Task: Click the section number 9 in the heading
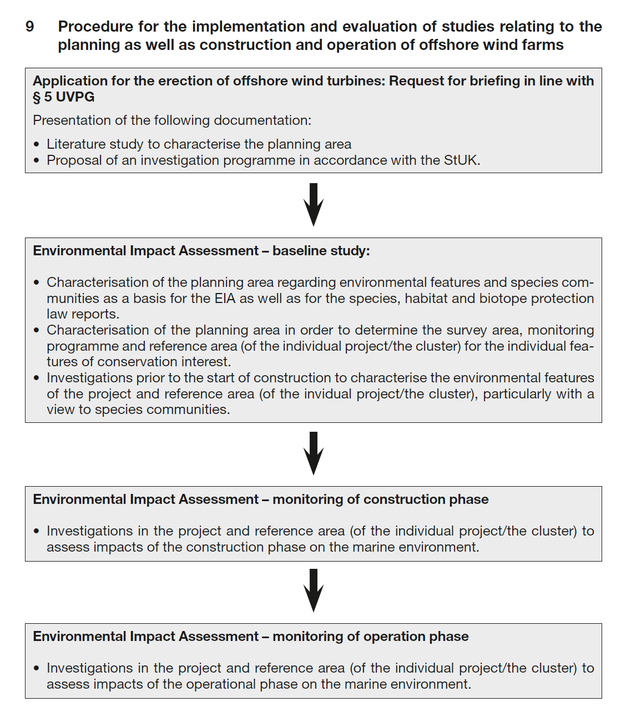[30, 27]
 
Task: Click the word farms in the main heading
[543, 45]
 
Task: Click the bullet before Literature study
[37, 145]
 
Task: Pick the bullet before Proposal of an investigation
[37, 161]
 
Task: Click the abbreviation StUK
[461, 160]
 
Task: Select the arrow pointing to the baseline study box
[314, 204]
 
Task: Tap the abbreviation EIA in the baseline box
[225, 299]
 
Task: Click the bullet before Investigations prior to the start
[37, 378]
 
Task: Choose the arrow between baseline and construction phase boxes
[314, 453]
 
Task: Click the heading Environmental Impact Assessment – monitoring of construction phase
[260, 499]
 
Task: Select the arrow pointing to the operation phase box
[314, 590]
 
